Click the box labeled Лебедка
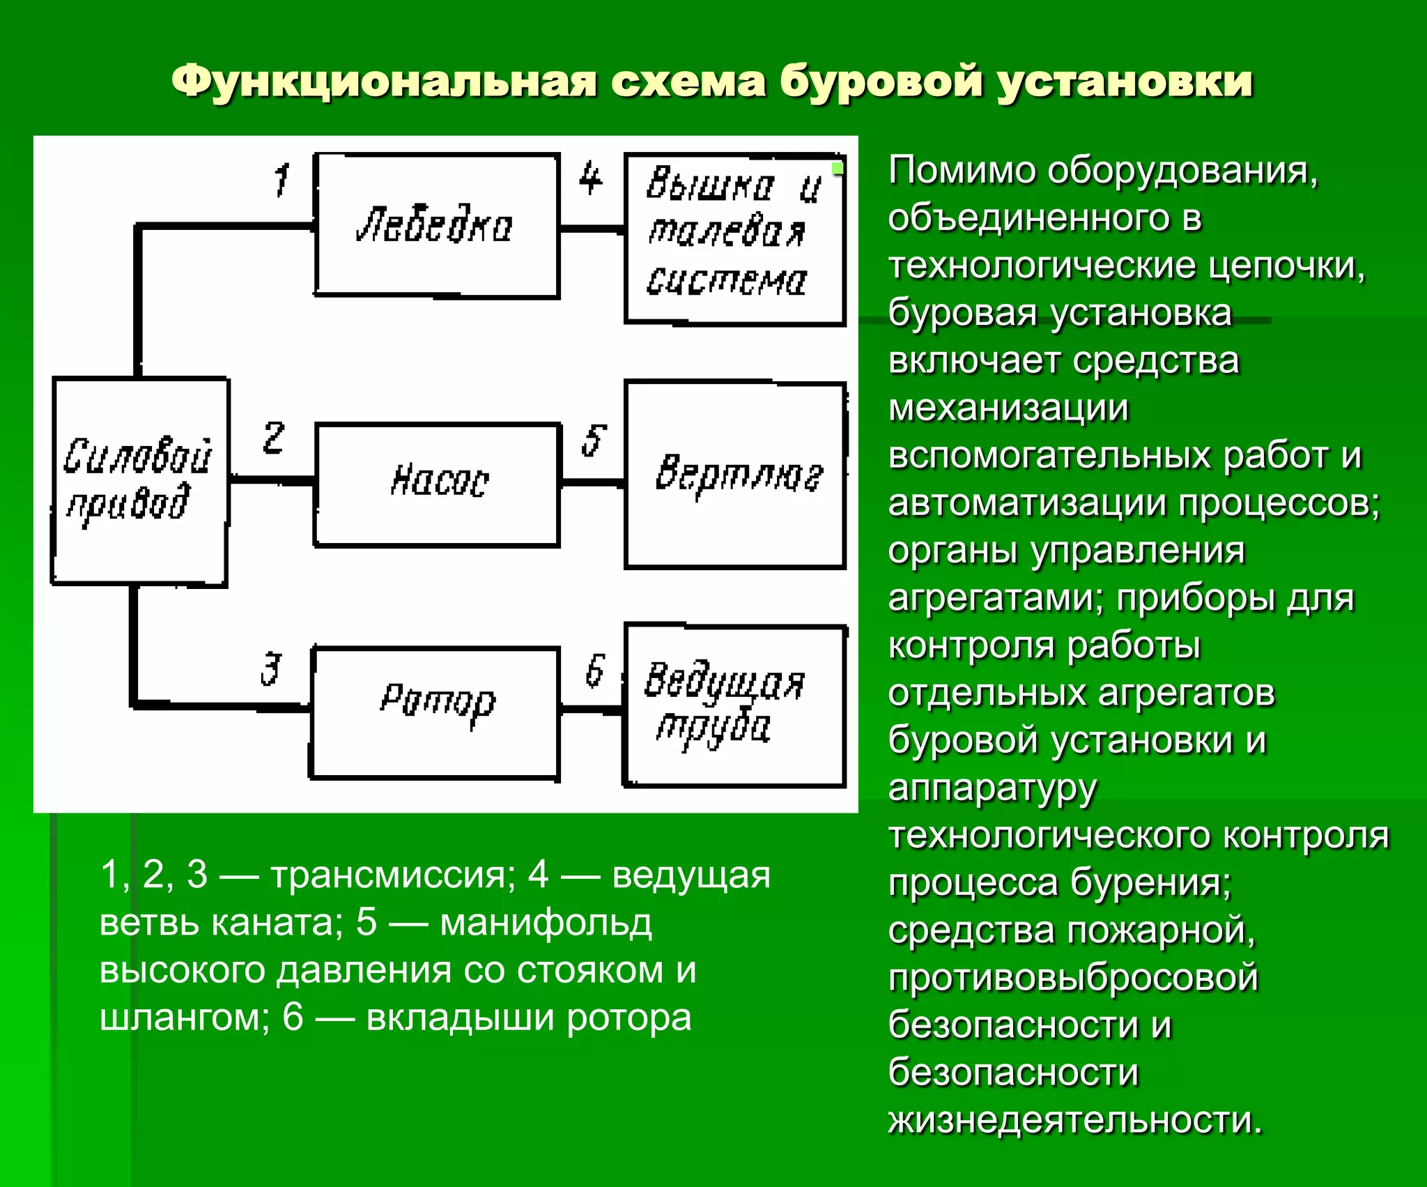click(x=437, y=225)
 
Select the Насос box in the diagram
click(x=438, y=484)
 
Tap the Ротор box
click(x=435, y=712)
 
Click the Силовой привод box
click(x=140, y=481)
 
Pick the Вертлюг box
click(x=735, y=475)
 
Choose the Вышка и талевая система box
click(x=735, y=238)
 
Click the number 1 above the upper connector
click(x=281, y=180)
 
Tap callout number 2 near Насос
click(x=273, y=438)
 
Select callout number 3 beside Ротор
click(x=271, y=669)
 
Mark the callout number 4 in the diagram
click(x=590, y=178)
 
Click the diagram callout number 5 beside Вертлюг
click(x=594, y=441)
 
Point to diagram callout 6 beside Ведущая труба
click(x=594, y=671)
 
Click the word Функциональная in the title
click(x=383, y=82)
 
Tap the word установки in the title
click(x=1125, y=82)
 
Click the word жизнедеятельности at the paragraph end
click(x=1074, y=1120)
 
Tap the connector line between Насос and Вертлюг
click(x=592, y=482)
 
